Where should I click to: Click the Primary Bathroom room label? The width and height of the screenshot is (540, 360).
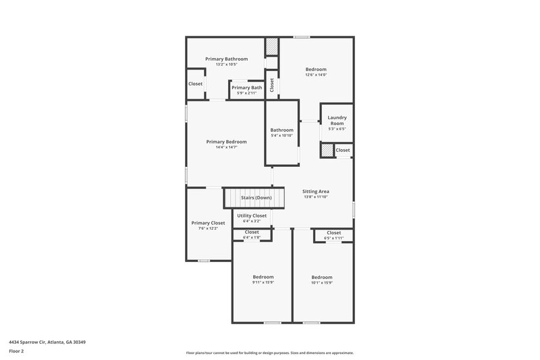pyautogui.click(x=226, y=59)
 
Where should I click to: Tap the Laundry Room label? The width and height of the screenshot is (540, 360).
pyautogui.click(x=337, y=120)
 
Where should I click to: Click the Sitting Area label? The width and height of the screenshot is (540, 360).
pyautogui.click(x=316, y=192)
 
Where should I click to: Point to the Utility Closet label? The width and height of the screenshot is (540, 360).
pyautogui.click(x=251, y=215)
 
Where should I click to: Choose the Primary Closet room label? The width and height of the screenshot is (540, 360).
pyautogui.click(x=208, y=223)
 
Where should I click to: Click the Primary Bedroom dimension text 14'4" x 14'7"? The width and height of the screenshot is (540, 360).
pyautogui.click(x=226, y=147)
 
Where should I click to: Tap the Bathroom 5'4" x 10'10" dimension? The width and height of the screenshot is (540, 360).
pyautogui.click(x=281, y=136)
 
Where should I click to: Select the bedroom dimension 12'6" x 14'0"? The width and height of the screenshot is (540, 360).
pyautogui.click(x=316, y=75)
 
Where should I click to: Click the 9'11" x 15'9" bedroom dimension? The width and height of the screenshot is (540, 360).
pyautogui.click(x=263, y=282)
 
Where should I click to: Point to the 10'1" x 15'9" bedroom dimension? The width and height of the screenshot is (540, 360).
pyautogui.click(x=321, y=282)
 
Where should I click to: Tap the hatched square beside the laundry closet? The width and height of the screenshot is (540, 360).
pyautogui.click(x=327, y=151)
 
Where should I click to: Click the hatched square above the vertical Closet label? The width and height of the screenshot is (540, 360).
pyautogui.click(x=271, y=47)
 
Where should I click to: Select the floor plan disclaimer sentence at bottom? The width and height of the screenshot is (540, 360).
pyautogui.click(x=269, y=353)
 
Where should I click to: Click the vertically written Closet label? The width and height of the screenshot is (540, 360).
pyautogui.click(x=272, y=85)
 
